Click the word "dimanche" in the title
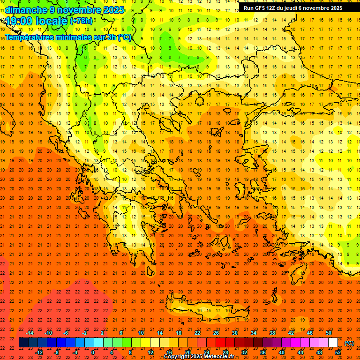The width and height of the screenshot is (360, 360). point(26,10)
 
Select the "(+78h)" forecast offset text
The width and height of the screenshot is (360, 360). point(81,22)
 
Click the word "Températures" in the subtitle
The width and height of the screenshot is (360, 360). point(32,37)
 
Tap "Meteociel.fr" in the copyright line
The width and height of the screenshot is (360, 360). point(215,357)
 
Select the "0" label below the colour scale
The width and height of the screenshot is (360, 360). point(93,352)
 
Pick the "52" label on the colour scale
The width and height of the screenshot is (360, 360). point(338,352)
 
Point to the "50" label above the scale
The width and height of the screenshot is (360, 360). point(329,333)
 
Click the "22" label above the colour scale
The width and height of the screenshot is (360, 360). point(197,333)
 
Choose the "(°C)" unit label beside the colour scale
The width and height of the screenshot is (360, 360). point(349,343)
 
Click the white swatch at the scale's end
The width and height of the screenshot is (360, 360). point(333,343)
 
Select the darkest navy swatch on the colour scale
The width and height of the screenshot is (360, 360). point(23,343)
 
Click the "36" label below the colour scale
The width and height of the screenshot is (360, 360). point(263,352)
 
